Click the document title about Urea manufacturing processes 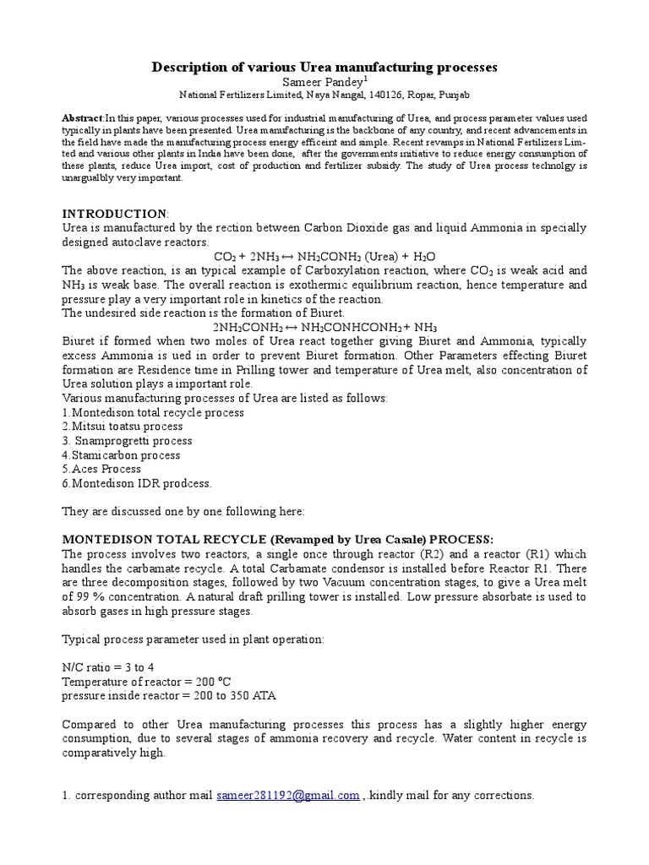[x=324, y=66]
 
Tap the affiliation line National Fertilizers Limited [x=324, y=95]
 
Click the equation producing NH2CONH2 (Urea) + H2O [x=324, y=256]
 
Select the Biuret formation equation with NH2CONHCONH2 [x=324, y=326]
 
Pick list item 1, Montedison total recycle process [x=153, y=412]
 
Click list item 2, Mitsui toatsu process [x=122, y=427]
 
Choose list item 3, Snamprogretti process [x=127, y=440]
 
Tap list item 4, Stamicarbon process [x=121, y=454]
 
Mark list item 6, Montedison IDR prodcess [x=137, y=483]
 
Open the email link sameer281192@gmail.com [x=288, y=795]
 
